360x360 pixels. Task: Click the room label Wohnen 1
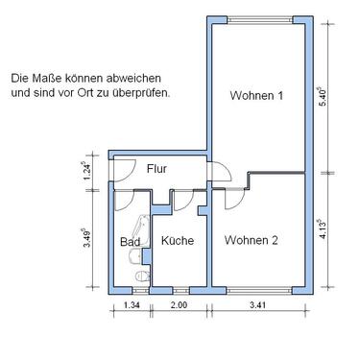[x=257, y=95]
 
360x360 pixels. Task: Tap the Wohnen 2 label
[x=252, y=240]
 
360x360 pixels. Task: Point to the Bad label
[x=130, y=242]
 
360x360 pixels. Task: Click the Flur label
[x=157, y=169]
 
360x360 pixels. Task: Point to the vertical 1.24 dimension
[x=88, y=170]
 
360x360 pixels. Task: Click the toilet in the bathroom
[x=142, y=277]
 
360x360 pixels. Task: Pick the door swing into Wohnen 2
[x=230, y=200]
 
